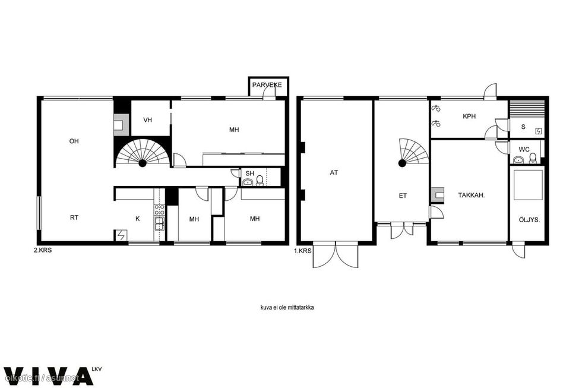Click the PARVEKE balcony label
(267, 85)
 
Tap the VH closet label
(148, 120)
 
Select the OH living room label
(74, 141)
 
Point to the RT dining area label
(74, 217)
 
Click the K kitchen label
(138, 219)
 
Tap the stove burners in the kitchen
(160, 209)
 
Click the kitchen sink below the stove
(160, 223)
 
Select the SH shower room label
(250, 174)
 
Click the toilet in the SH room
(260, 180)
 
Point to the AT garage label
(334, 173)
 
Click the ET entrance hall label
(403, 195)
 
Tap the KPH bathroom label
(469, 116)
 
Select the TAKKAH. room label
(472, 195)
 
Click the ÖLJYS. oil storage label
(529, 220)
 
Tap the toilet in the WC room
(533, 159)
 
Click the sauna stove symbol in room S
(539, 131)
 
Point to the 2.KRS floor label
(43, 250)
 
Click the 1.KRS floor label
(302, 251)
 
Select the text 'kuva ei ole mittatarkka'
(287, 307)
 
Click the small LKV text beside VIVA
(96, 370)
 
